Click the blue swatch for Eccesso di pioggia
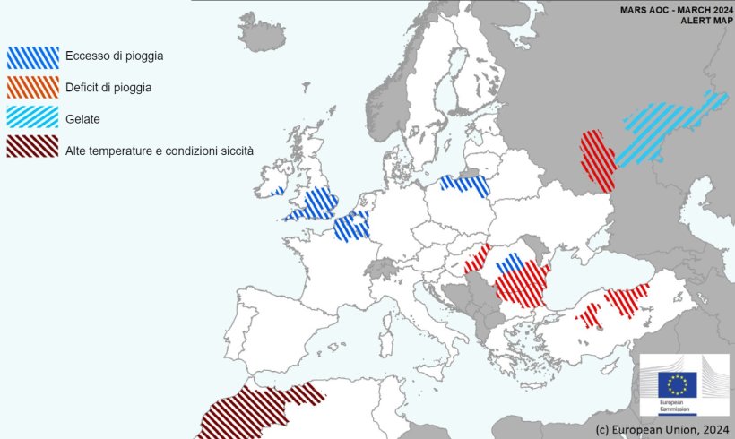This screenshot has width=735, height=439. click(33, 57)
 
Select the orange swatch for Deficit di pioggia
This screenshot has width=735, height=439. click(33, 87)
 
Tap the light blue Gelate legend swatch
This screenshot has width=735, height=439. click(33, 116)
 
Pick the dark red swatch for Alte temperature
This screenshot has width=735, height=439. click(33, 146)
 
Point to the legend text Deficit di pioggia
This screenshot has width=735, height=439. click(108, 88)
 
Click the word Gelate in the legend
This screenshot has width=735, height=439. click(82, 118)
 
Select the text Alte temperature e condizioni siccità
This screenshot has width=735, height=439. click(160, 150)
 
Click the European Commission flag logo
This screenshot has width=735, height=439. click(677, 385)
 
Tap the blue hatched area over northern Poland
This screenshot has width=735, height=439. click(466, 185)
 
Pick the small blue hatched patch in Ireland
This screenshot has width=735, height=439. click(277, 191)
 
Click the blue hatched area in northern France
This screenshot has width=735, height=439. click(351, 226)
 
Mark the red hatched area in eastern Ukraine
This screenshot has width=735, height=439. click(596, 159)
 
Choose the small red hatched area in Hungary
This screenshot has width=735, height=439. click(477, 261)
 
